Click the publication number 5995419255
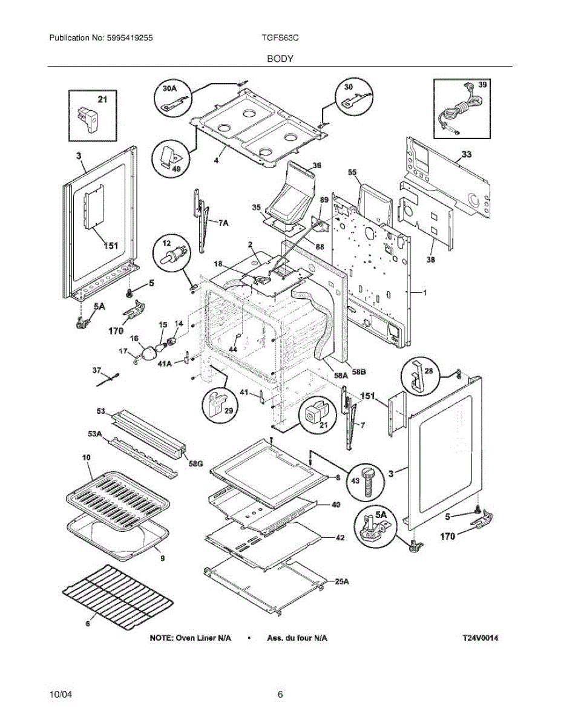coord(129,38)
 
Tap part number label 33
coord(466,155)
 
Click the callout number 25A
coord(342,581)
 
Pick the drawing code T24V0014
coord(484,638)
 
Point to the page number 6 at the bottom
coord(280,695)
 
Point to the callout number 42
coord(340,537)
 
